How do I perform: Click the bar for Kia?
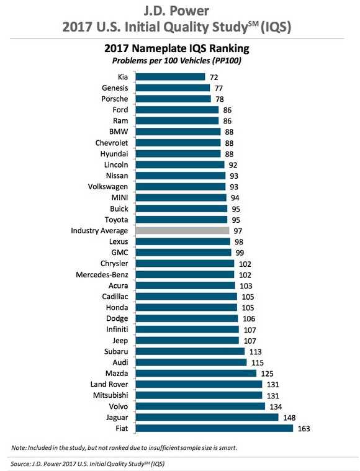coord(170,77)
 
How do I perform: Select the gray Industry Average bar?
coord(183,230)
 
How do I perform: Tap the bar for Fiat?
coord(214,428)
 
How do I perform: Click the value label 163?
coord(304,428)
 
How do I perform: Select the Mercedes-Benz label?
coord(102,274)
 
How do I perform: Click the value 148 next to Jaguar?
coord(289,417)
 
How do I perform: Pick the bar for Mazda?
coord(196,373)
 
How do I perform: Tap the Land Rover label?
coord(110,384)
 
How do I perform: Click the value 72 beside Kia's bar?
coord(214,77)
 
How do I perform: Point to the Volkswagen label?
coord(107,187)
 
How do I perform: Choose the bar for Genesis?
coord(172,88)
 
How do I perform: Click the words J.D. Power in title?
coord(179,11)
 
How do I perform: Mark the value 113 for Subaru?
coord(255,351)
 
